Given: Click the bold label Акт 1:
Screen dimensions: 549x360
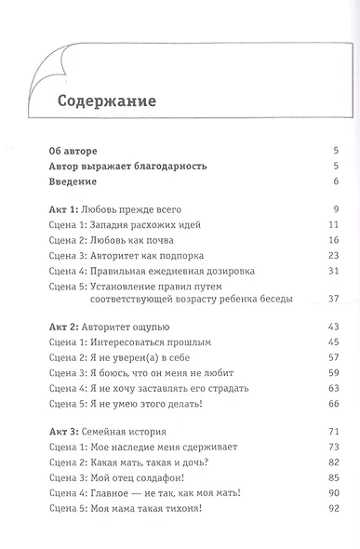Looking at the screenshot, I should (x=62, y=210).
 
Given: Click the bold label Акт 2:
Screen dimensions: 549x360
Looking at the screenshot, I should (x=62, y=327).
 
